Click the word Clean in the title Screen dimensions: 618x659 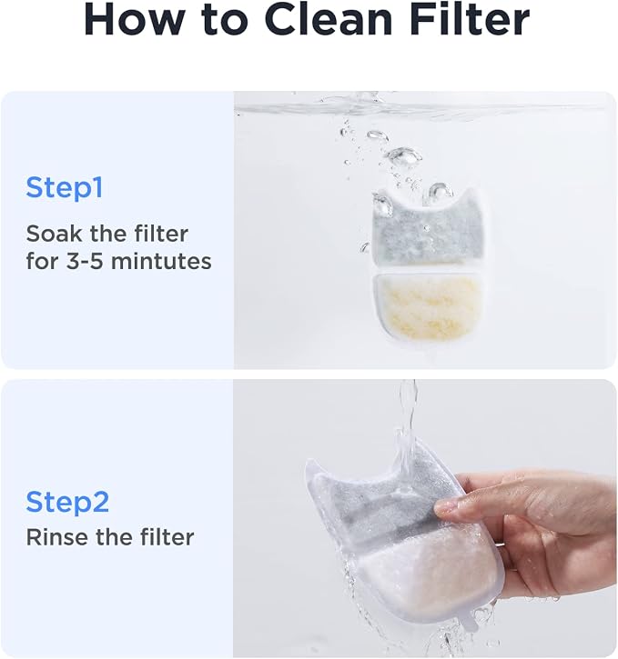click(x=329, y=20)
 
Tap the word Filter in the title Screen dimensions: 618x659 click(x=469, y=20)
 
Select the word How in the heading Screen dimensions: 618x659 click(x=134, y=20)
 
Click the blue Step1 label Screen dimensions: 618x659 click(x=64, y=187)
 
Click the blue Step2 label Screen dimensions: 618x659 click(x=67, y=502)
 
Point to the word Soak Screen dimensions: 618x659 click(x=55, y=234)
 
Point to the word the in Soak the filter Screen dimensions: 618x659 click(x=108, y=234)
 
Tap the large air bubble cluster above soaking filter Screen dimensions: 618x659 click(x=404, y=155)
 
